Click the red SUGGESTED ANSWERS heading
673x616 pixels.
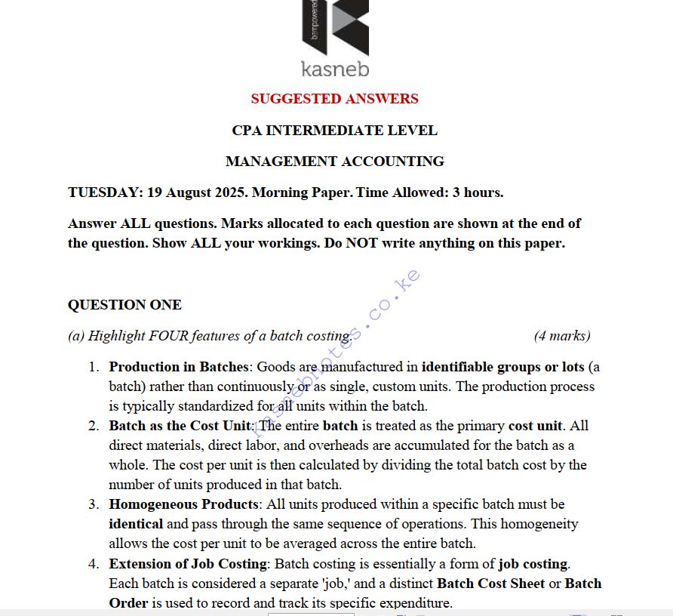pos(334,99)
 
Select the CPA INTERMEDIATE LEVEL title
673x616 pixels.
pos(334,131)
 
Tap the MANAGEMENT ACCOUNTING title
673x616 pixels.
pos(334,162)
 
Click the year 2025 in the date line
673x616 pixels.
pos(231,192)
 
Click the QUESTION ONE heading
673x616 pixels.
pos(124,305)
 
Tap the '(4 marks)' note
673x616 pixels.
pos(562,336)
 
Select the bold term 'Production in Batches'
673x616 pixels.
pos(179,367)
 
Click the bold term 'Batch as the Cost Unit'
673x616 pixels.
pos(180,426)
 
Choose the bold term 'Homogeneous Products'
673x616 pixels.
pos(182,504)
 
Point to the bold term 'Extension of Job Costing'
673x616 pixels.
pos(188,564)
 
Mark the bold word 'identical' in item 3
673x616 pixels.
pos(136,524)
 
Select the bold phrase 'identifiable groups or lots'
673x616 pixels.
pos(502,367)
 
